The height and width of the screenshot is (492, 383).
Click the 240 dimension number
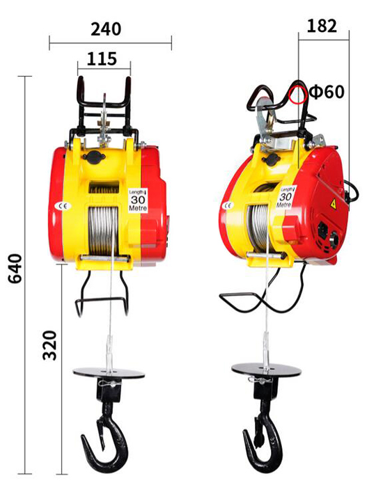(x=106, y=29)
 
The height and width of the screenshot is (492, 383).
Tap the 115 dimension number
(x=102, y=58)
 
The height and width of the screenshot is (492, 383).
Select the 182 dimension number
(x=322, y=26)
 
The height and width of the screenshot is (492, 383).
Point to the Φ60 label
(x=327, y=92)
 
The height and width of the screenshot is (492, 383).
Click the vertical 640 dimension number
(x=15, y=269)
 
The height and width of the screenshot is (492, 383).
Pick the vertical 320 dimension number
(x=49, y=345)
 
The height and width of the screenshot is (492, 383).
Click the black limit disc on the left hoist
(x=109, y=373)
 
